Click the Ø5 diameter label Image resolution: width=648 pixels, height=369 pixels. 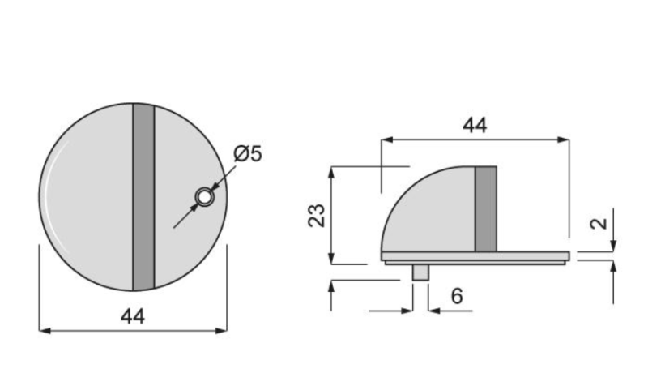[x=247, y=153]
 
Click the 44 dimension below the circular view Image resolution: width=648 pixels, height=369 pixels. [x=132, y=316]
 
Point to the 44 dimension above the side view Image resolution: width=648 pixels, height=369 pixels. [x=475, y=125]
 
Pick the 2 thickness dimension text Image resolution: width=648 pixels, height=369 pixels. [x=598, y=223]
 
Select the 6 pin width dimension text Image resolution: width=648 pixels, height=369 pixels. [x=456, y=297]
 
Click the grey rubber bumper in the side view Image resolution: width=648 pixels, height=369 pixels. [x=485, y=208]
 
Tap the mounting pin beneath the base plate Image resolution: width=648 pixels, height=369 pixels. [x=420, y=272]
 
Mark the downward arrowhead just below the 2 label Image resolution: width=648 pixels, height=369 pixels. [x=612, y=245]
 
